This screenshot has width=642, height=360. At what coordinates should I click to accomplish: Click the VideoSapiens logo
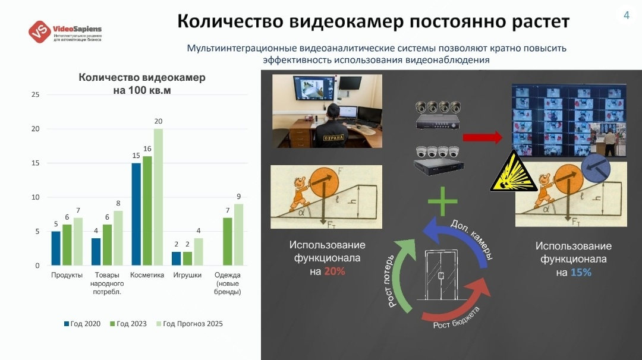65,32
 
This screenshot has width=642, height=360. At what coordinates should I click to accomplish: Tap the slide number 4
626,15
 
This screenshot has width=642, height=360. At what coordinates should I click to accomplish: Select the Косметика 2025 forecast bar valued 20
158,197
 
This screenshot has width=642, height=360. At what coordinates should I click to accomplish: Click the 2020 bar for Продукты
56,248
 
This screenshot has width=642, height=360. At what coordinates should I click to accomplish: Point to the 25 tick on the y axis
36,95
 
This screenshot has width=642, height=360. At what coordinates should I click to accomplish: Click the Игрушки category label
187,276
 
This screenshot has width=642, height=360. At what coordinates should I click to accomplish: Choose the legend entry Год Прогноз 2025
189,324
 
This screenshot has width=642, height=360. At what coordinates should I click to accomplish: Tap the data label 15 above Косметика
136,156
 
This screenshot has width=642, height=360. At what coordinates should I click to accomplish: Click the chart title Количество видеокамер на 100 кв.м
141,84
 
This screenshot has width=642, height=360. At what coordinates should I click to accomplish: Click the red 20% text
335,271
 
